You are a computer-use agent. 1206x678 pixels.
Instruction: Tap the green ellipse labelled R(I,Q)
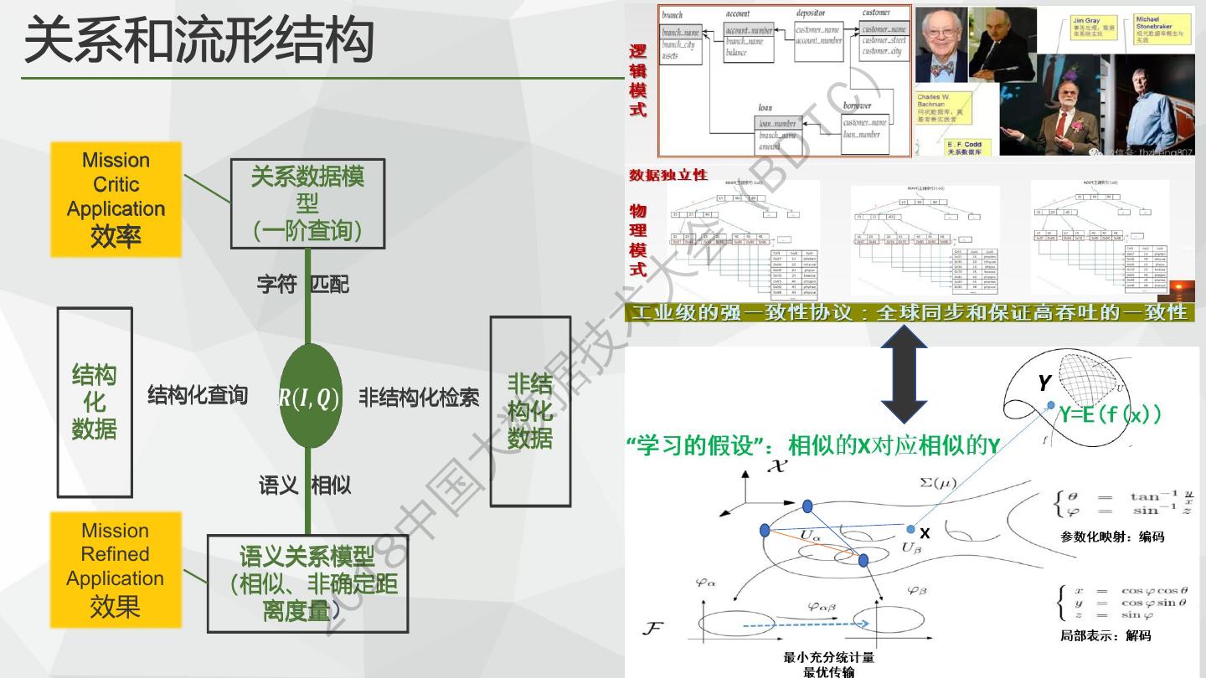click(x=310, y=397)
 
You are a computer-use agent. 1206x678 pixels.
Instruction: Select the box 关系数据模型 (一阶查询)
click(x=307, y=203)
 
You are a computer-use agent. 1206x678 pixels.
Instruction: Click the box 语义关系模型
click(x=307, y=583)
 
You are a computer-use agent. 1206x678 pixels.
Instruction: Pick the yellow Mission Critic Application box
click(x=116, y=199)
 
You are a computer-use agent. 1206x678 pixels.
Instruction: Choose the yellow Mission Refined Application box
click(x=116, y=570)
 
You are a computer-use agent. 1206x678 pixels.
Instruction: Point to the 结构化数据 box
click(x=95, y=402)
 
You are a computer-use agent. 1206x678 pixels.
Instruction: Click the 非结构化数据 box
click(x=530, y=411)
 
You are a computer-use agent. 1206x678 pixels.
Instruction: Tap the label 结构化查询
click(x=198, y=395)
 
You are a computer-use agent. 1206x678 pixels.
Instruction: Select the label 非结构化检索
click(x=419, y=397)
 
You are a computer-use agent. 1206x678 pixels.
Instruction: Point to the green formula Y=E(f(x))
click(x=1110, y=413)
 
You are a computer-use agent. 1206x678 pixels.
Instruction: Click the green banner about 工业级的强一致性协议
click(x=910, y=312)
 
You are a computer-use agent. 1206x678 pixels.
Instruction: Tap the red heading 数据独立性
click(x=668, y=175)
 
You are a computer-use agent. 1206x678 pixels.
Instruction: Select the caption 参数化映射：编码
click(x=1111, y=537)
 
